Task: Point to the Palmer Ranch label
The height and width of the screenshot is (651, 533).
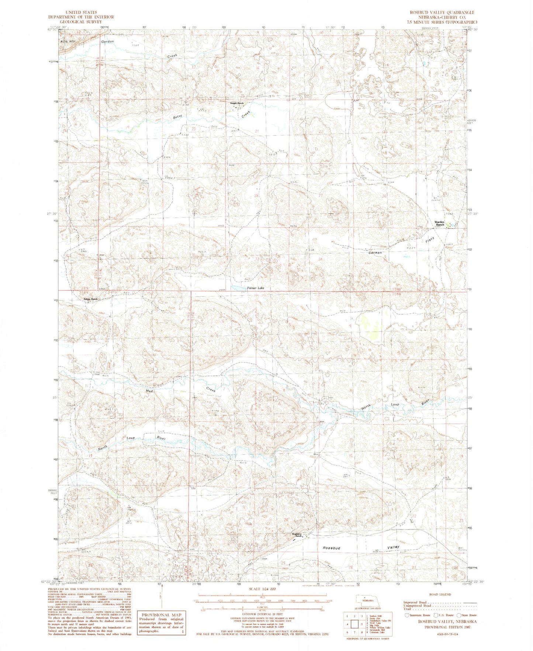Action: coord(90,299)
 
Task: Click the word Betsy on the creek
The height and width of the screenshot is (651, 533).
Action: coord(178,117)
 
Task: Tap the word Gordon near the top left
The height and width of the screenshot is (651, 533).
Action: coord(107,42)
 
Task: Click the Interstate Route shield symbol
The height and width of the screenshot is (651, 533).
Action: coord(406,615)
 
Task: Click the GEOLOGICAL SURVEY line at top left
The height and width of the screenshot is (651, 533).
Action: coord(80,22)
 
